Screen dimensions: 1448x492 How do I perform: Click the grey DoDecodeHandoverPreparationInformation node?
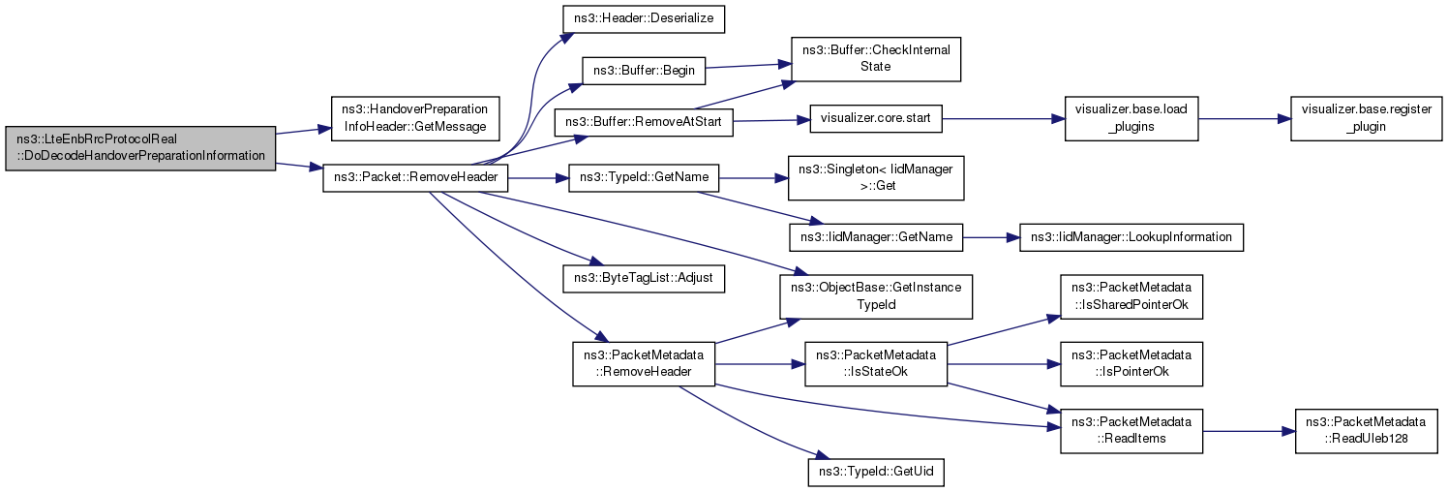(140, 148)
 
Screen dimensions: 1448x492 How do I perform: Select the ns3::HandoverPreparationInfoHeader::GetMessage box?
(415, 118)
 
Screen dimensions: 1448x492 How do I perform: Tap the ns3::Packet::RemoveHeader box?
(415, 178)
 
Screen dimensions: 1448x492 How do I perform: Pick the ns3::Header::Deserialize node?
(644, 18)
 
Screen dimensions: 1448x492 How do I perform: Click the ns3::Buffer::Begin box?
(644, 71)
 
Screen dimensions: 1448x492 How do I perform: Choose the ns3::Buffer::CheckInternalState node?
(876, 59)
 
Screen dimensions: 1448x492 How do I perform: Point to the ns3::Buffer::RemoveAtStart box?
(644, 122)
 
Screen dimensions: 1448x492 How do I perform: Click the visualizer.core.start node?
(876, 119)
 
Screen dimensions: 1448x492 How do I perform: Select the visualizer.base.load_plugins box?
(1131, 118)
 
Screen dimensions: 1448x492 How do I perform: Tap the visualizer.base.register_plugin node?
(1366, 118)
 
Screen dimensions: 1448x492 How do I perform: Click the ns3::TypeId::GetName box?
(644, 178)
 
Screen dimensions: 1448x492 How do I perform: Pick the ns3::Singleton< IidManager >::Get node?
(876, 178)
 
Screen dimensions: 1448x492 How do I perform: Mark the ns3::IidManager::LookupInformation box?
(1131, 238)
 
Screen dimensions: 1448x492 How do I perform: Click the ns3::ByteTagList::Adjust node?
(644, 279)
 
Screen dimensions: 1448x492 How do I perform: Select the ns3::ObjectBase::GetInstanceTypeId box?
(876, 296)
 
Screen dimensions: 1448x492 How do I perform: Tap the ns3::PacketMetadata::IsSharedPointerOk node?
(1131, 296)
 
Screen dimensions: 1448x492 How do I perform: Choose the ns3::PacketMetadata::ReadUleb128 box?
(1366, 431)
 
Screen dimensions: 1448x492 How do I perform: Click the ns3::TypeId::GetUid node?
(876, 473)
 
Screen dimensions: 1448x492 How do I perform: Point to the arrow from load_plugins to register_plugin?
(1245, 119)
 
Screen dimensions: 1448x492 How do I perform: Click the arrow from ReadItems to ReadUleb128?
(1249, 431)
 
